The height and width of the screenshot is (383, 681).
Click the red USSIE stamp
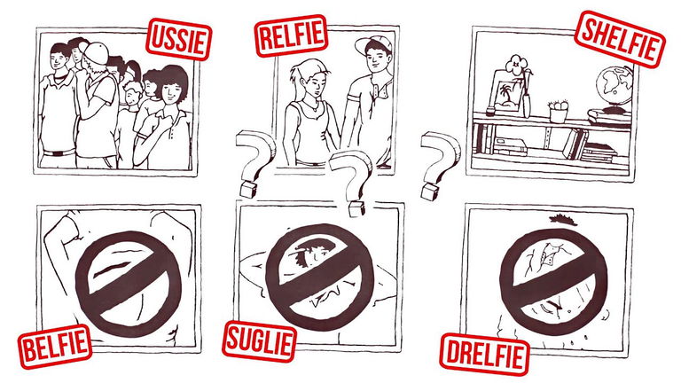coord(178,39)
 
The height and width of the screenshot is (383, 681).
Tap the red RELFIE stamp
coord(291,35)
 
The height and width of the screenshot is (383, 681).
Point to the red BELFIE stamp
coord(55,347)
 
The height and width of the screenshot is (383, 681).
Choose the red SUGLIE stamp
coord(259,341)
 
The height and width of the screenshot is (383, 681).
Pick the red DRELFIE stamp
coord(484,354)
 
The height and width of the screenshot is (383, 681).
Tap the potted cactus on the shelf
coord(558,111)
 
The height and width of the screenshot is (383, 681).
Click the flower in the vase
coord(516,63)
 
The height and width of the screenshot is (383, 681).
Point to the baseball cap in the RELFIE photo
coord(372,43)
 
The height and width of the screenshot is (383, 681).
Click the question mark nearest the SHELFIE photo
coord(439,166)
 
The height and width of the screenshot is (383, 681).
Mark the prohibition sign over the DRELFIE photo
coord(553,281)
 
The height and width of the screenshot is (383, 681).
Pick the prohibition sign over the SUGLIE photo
coord(319,277)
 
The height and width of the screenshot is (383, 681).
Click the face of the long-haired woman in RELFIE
coord(310,86)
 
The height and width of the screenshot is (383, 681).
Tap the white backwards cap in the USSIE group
coord(95,53)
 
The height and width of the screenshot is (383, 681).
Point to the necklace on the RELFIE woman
coord(310,106)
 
